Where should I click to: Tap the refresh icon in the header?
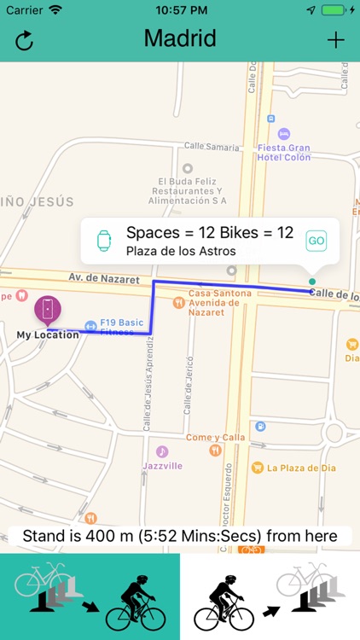pyautogui.click(x=25, y=40)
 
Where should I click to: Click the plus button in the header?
pyautogui.click(x=336, y=40)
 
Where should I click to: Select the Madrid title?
pyautogui.click(x=180, y=38)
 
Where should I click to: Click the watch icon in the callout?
pyautogui.click(x=104, y=241)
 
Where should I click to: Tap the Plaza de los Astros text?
pyautogui.click(x=180, y=251)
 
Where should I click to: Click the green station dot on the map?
pyautogui.click(x=311, y=281)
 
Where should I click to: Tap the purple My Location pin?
pyautogui.click(x=47, y=309)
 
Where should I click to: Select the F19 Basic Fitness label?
pyautogui.click(x=121, y=328)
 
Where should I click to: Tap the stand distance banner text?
pyautogui.click(x=180, y=536)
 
